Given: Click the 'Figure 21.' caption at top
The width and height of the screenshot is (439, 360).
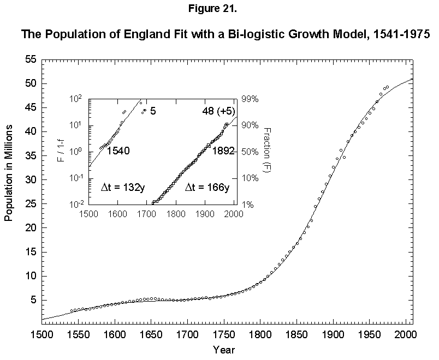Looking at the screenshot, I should pyautogui.click(x=220, y=9).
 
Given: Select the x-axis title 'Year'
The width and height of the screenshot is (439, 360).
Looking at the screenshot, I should pyautogui.click(x=225, y=349).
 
